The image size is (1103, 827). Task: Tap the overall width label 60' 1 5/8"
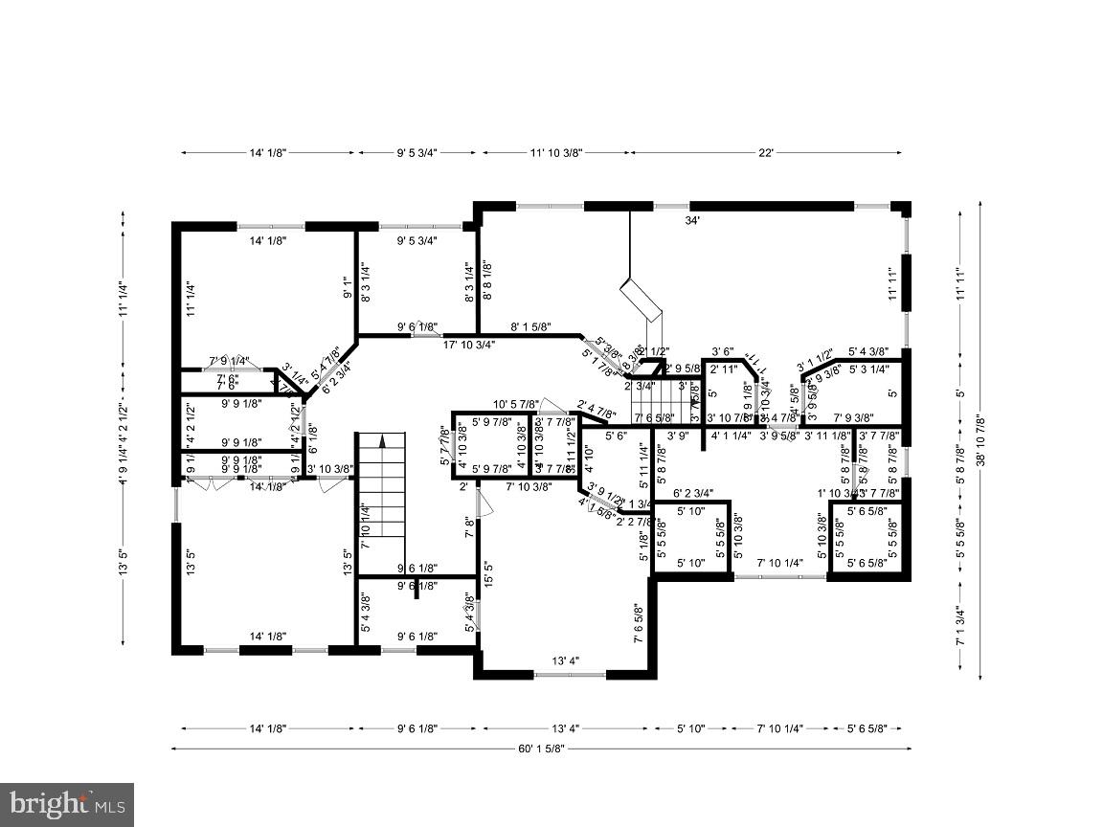click(x=541, y=749)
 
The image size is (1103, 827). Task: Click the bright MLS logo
click(x=66, y=804)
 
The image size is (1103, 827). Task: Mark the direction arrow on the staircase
click(x=382, y=441)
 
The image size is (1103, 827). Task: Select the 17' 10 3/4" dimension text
click(x=469, y=346)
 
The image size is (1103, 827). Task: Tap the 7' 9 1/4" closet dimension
click(x=230, y=361)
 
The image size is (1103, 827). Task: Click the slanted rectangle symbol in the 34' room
click(x=641, y=300)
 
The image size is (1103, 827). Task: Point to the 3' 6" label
click(x=723, y=352)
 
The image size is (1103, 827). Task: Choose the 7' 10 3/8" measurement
click(x=529, y=487)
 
